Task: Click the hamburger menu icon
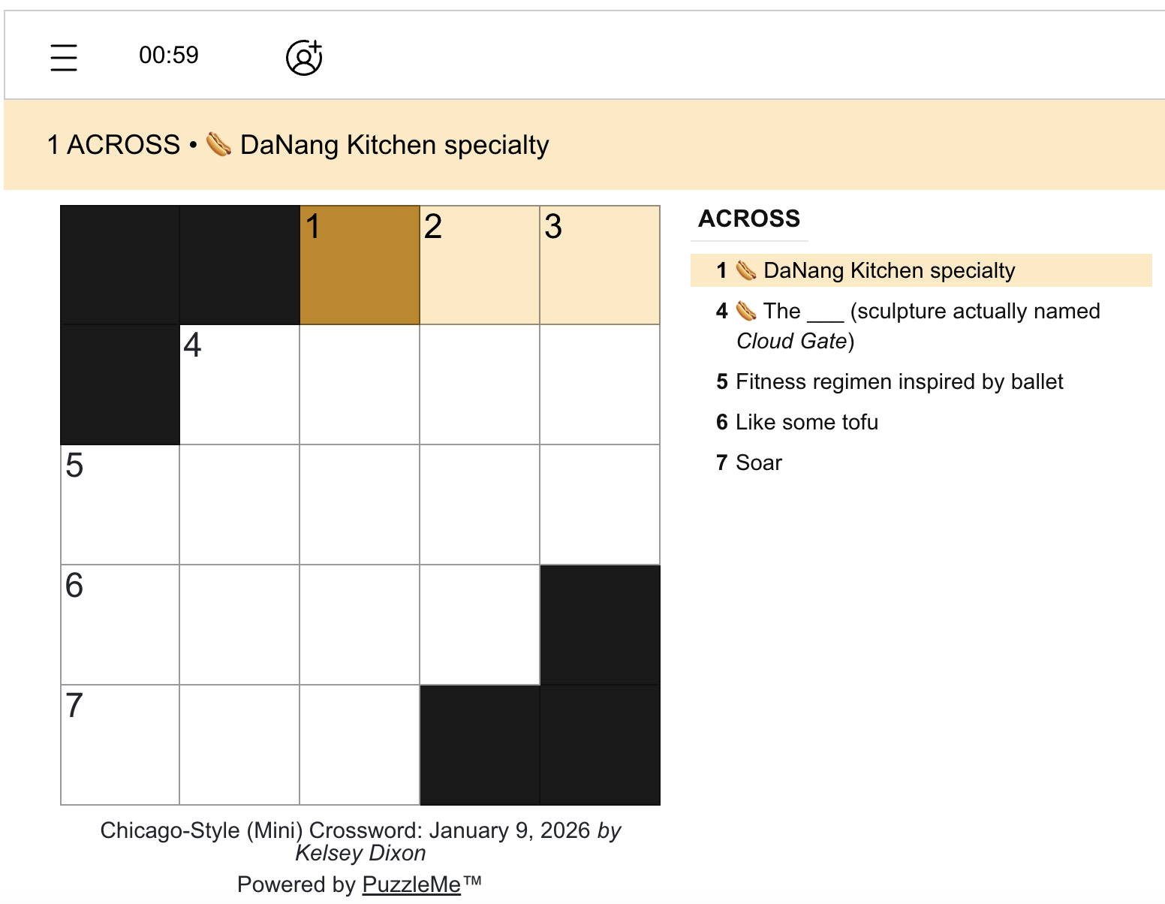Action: point(64,57)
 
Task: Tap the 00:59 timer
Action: point(169,56)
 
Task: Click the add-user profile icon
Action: point(304,57)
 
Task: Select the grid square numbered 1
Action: point(360,265)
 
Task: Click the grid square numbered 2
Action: point(480,265)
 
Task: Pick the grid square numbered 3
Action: point(600,265)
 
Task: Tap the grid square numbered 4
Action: point(239,385)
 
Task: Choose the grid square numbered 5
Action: point(120,505)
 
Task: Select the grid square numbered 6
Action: point(120,625)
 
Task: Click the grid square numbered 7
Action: point(120,745)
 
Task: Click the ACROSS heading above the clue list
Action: point(749,218)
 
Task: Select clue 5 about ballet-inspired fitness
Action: point(899,381)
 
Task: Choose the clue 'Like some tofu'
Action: point(806,422)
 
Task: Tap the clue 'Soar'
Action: point(758,463)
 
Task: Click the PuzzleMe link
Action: point(411,884)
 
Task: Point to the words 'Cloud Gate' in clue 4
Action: point(791,342)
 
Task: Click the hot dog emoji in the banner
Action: point(218,144)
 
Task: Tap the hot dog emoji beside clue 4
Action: point(745,311)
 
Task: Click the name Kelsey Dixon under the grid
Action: point(360,854)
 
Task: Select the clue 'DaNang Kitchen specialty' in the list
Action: point(889,270)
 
